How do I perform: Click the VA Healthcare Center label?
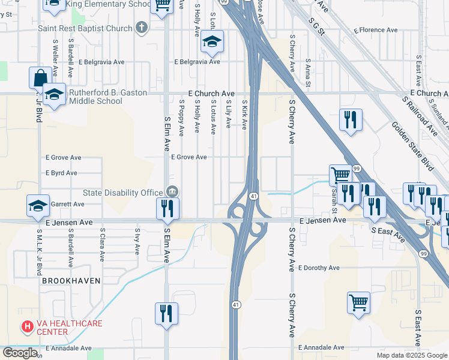[x=69, y=327]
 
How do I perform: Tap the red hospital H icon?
[x=27, y=327]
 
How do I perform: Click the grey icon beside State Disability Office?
[x=172, y=192]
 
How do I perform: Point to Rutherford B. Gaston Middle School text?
[x=95, y=97]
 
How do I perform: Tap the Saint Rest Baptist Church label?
[x=85, y=28]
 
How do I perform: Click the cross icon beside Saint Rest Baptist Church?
[x=141, y=27]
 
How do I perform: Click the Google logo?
[x=20, y=352]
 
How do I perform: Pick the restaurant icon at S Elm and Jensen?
[x=167, y=208]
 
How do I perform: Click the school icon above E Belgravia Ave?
[x=211, y=41]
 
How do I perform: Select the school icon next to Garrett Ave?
[x=38, y=205]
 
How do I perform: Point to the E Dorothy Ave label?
[x=318, y=268]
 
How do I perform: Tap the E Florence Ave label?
[x=376, y=29]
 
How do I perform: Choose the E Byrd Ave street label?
[x=62, y=173]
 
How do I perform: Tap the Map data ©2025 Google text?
[x=411, y=355]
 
